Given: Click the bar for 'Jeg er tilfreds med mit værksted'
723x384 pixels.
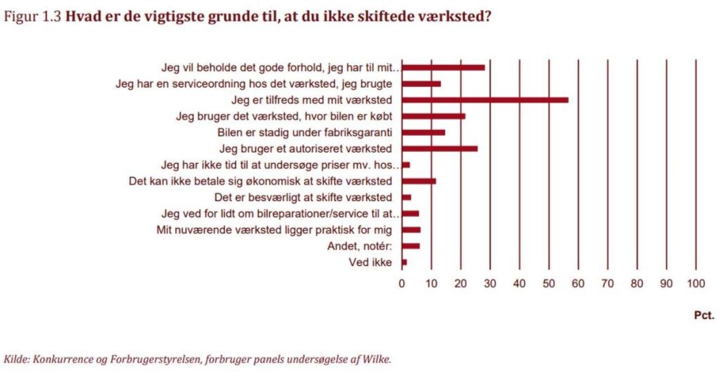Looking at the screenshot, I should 485,100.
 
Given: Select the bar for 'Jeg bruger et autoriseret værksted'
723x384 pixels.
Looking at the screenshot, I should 440,149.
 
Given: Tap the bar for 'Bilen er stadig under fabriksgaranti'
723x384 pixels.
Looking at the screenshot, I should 423,132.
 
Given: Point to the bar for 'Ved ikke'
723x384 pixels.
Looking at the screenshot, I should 404,263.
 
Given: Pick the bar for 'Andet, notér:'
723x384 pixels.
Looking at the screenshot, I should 411,246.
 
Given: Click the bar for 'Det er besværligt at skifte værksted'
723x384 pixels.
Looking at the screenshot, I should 407,197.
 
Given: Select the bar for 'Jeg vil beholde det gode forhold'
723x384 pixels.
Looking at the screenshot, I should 443,67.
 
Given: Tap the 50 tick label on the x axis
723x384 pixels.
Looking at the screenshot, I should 549,284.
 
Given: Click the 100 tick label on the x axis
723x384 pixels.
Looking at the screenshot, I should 695,284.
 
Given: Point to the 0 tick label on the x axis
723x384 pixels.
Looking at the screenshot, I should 402,284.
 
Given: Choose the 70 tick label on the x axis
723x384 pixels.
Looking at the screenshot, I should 607,284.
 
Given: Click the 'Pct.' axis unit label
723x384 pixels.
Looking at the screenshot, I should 704,316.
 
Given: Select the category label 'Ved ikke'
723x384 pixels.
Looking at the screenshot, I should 370,263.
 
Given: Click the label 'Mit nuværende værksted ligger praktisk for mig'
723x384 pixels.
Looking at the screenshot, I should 274,230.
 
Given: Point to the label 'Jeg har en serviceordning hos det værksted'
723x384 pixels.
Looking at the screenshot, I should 254,84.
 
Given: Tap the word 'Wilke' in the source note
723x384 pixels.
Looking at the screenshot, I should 379,359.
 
